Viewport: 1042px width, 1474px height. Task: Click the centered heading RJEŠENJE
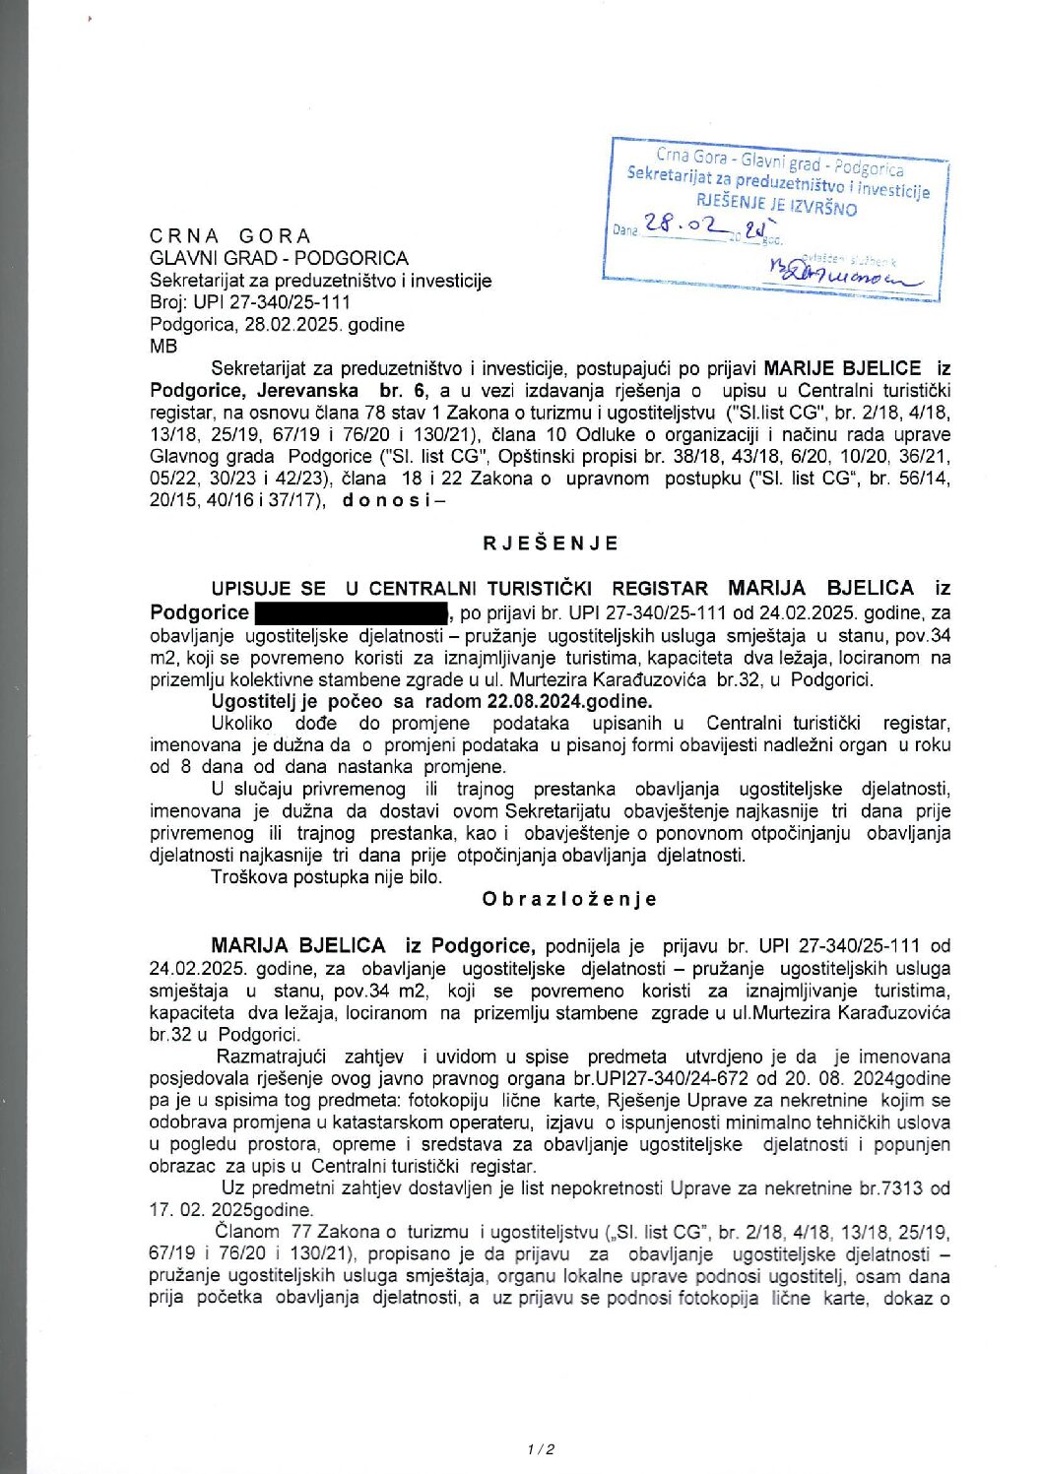pos(551,544)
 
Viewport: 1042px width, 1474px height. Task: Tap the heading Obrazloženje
pos(569,899)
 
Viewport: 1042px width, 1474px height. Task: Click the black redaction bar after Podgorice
pos(351,613)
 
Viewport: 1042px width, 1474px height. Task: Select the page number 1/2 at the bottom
pos(541,1448)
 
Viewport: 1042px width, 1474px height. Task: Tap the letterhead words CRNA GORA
pos(230,236)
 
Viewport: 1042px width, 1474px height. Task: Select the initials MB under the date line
pos(163,347)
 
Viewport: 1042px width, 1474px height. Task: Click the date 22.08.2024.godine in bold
pos(569,701)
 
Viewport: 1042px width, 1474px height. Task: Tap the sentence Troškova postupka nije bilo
pos(326,876)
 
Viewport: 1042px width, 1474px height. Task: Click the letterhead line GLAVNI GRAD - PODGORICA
pos(279,259)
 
